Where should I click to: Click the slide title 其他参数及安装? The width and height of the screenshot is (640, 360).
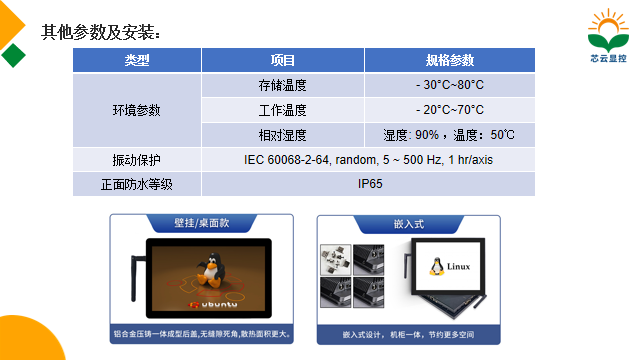click(101, 32)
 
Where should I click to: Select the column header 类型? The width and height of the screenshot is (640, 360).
click(137, 60)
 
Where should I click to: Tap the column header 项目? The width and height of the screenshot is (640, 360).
click(283, 60)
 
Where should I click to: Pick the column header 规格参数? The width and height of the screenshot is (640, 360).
click(449, 60)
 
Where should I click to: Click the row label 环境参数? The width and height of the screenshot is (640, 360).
click(137, 110)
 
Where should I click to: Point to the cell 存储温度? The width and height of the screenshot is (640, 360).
click(283, 85)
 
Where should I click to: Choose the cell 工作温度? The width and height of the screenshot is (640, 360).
click(283, 110)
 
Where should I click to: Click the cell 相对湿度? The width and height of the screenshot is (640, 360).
click(283, 135)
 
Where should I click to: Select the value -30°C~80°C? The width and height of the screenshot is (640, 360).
click(449, 85)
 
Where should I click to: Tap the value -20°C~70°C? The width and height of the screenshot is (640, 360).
click(449, 110)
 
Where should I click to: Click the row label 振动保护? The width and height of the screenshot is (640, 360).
click(137, 160)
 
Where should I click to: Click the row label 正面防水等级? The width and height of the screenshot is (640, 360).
click(137, 184)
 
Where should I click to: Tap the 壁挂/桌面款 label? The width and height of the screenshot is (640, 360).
click(201, 224)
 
